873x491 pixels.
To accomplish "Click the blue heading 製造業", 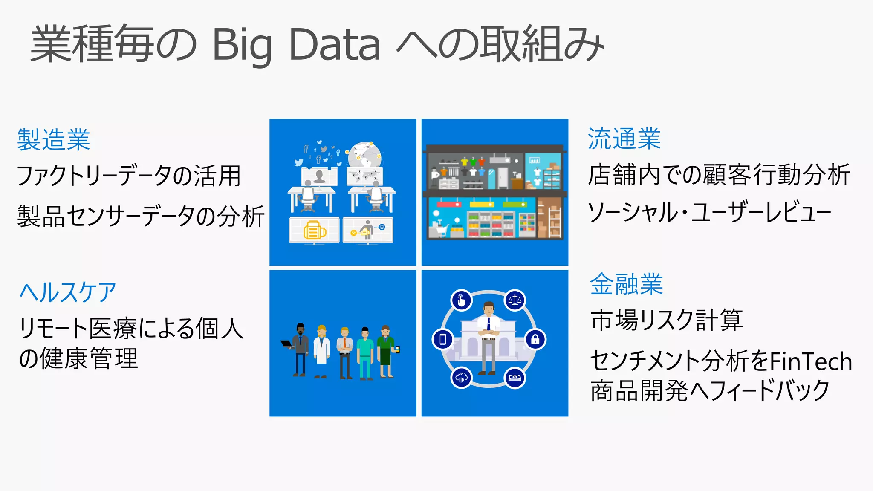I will coord(54,140).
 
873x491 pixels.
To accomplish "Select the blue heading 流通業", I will coord(624,139).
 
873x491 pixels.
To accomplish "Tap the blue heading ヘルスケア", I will coord(68,292).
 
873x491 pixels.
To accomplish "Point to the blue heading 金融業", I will coord(626,284).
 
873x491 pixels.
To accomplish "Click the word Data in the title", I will coord(334,45).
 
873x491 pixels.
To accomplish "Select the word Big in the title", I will coord(242,45).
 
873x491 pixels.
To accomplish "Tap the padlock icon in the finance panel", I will coord(535,340).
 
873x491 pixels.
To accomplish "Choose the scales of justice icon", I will coord(515,300).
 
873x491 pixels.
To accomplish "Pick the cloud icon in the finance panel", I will coord(462,378).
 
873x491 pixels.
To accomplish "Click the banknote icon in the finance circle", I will coord(515,378).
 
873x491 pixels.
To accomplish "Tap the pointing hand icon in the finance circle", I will coord(461,300).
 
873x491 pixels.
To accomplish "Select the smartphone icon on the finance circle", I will coord(443,340).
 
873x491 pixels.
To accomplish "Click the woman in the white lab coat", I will coord(322,350).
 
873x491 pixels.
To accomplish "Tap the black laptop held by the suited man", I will coord(286,344).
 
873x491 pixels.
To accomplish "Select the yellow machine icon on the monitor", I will coord(315,231).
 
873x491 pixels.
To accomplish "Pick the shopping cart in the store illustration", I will coord(439,230).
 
